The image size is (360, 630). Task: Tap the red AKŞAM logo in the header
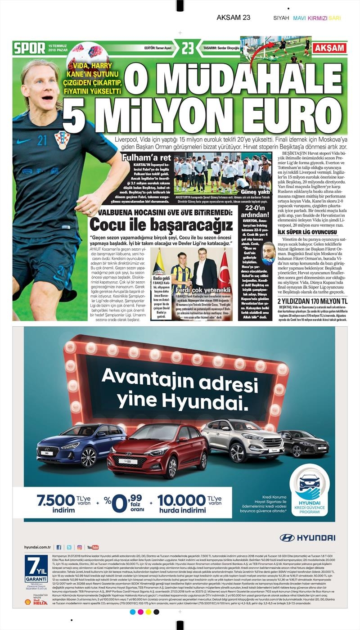coord(330,48)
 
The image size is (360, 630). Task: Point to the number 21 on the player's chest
coord(42,141)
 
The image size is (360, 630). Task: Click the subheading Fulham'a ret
coord(146,157)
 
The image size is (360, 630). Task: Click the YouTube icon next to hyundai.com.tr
coord(93,547)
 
